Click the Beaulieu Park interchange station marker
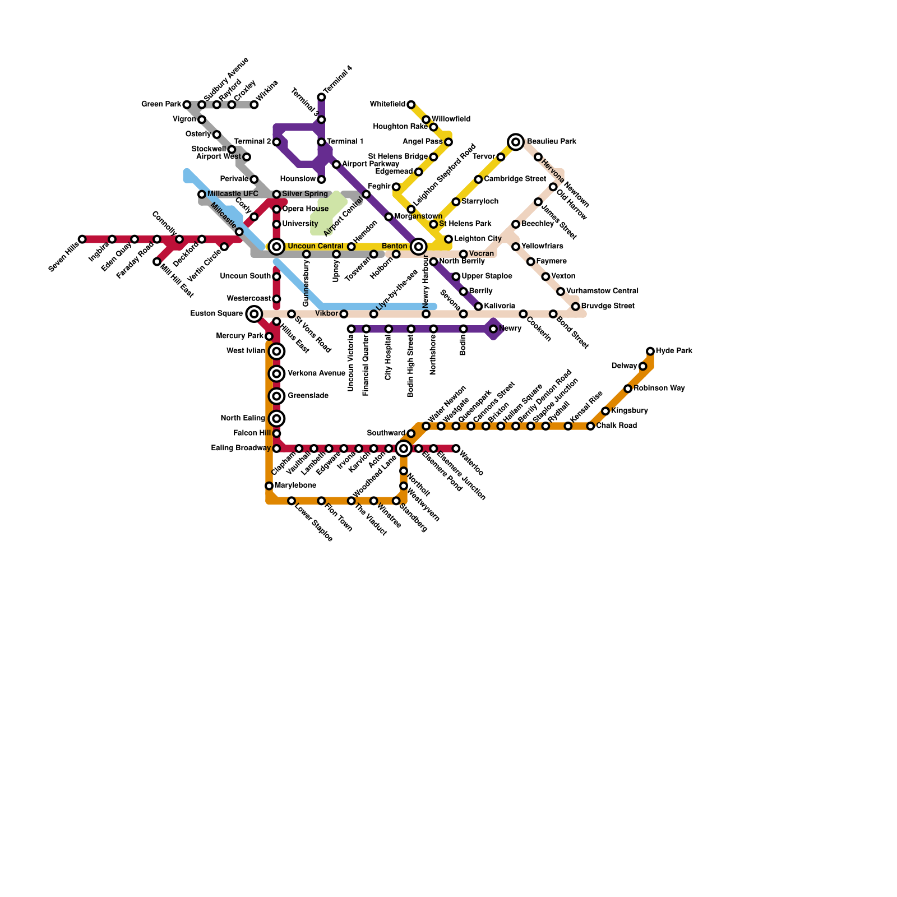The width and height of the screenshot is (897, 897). coord(516,142)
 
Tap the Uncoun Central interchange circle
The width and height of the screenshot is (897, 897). coord(276,247)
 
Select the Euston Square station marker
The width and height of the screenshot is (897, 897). coord(254,314)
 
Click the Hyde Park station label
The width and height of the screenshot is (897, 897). coord(674,351)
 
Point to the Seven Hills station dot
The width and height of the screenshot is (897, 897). coord(82,239)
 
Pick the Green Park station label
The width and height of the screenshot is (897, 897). coord(160,104)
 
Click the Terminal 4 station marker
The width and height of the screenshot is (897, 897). coord(321,98)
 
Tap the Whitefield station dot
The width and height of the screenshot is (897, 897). coord(411,105)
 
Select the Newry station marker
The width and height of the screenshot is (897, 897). coord(493,329)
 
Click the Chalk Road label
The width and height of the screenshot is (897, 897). coord(616,426)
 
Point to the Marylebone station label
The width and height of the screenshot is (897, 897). coord(295,486)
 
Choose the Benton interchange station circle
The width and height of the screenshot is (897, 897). coord(418,247)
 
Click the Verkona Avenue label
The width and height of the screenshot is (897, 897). coord(316,373)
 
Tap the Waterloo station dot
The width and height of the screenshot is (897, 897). coord(456,449)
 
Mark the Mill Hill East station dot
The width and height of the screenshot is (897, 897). coord(157,262)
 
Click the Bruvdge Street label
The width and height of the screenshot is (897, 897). coord(608,306)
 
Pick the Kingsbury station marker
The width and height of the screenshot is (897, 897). coord(605,411)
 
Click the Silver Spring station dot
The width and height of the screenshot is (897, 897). coord(276,195)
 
